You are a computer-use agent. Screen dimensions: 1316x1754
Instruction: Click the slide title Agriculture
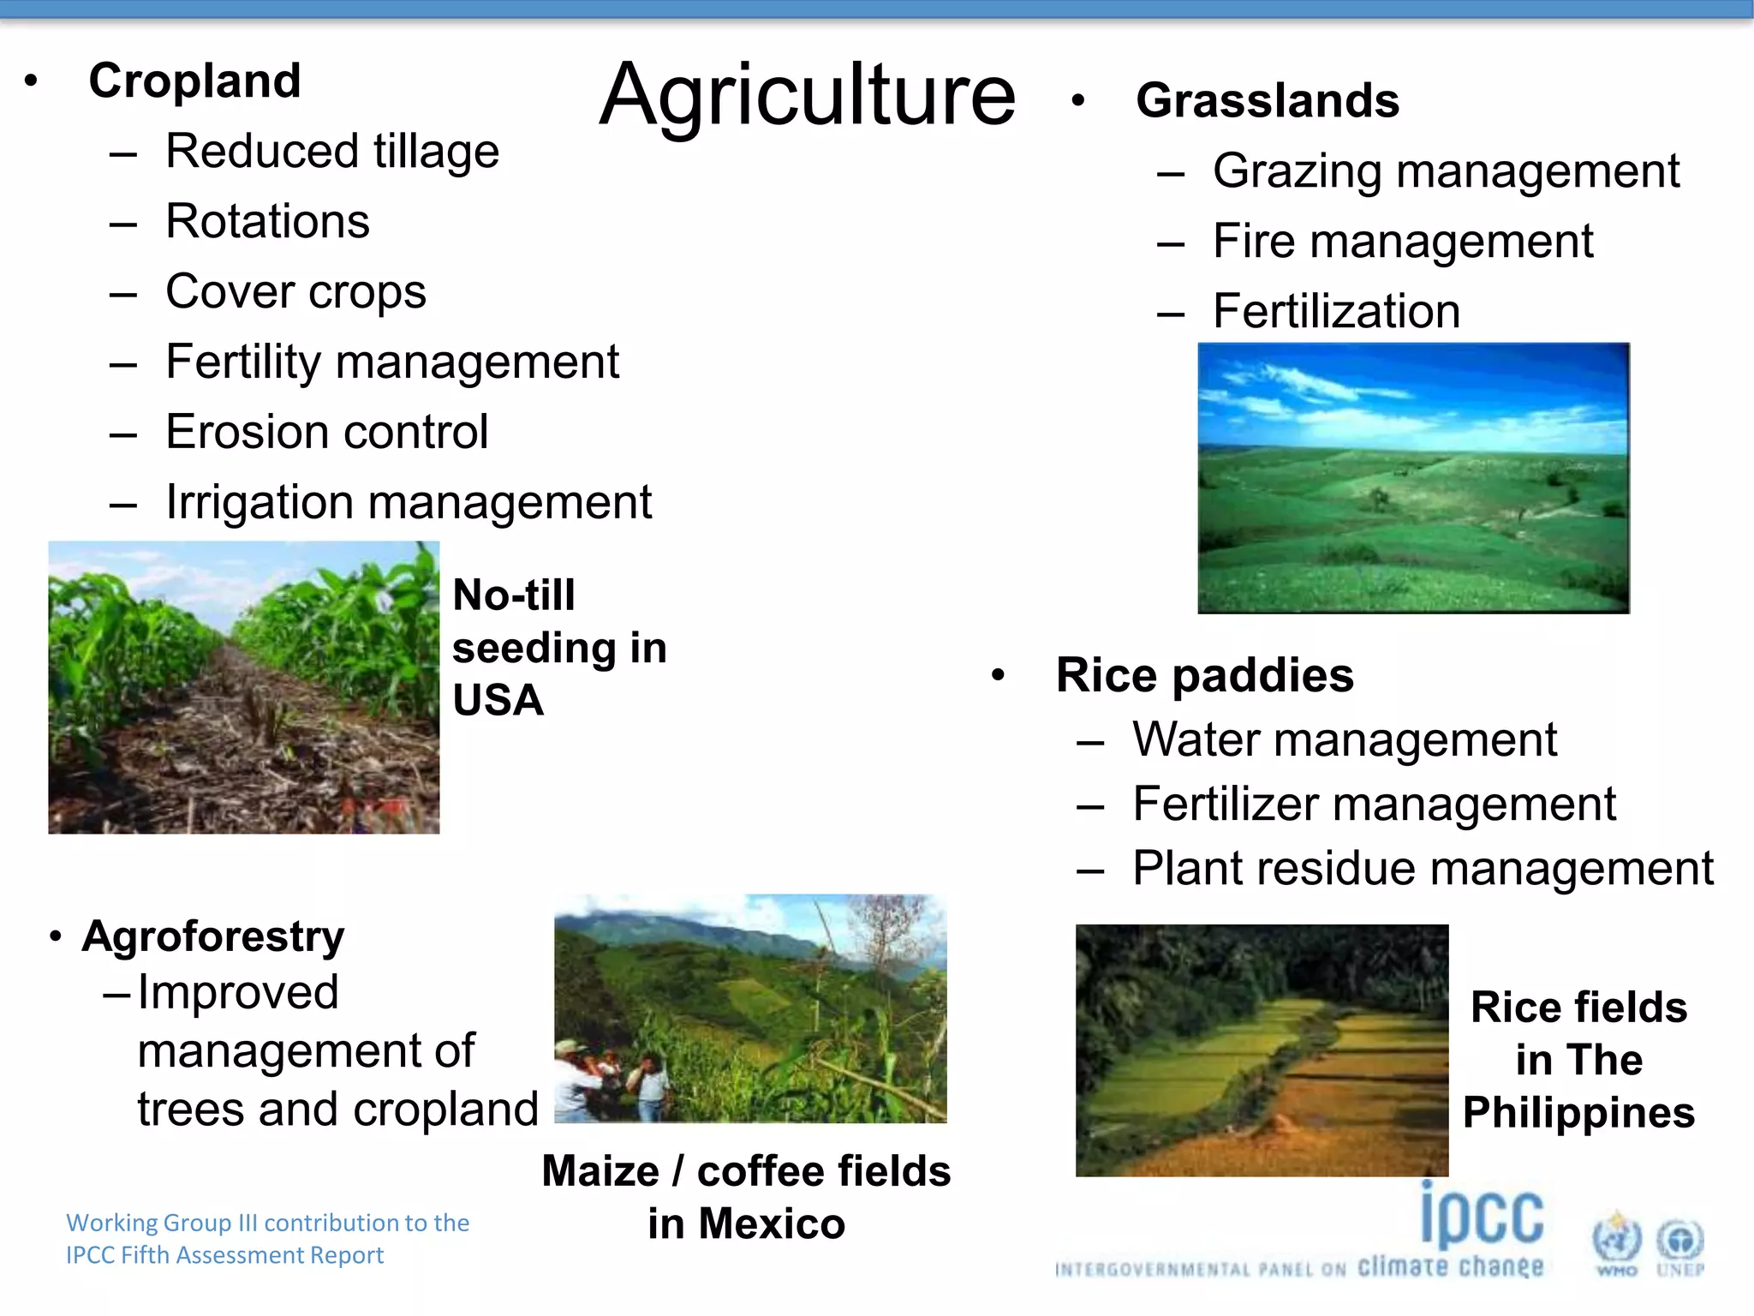point(807,96)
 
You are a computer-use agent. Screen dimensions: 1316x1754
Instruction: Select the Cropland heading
point(194,81)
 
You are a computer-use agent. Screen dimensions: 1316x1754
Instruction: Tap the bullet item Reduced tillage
point(331,152)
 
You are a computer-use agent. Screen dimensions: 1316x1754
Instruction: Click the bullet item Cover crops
point(295,292)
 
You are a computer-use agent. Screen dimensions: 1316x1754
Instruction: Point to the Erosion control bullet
point(326,432)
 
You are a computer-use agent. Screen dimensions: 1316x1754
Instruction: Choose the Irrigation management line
point(408,502)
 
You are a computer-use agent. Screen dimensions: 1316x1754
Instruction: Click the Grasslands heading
point(1267,101)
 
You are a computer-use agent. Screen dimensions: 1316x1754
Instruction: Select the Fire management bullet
point(1402,242)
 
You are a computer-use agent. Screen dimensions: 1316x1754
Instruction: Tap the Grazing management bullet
point(1446,171)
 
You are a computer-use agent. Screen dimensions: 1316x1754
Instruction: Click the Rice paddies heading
point(1204,675)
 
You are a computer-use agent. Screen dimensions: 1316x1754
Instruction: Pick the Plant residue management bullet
point(1422,869)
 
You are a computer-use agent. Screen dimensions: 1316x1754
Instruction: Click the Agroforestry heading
point(213,936)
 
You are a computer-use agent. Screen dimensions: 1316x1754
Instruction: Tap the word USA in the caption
point(498,701)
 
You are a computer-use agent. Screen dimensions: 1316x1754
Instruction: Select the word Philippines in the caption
point(1578,1113)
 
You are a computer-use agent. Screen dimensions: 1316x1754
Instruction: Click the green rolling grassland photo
point(1413,478)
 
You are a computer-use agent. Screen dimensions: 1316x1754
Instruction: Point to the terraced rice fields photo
point(1262,1050)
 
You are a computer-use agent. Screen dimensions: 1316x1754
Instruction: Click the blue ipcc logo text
point(1482,1217)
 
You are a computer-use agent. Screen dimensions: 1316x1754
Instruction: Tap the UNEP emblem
point(1679,1244)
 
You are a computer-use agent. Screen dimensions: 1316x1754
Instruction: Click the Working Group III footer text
point(267,1239)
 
